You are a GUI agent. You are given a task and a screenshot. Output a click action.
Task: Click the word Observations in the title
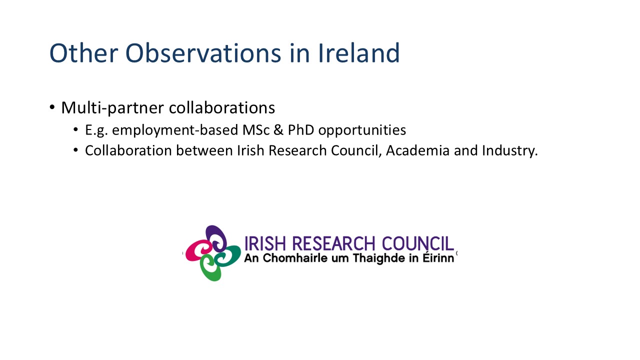pyautogui.click(x=203, y=53)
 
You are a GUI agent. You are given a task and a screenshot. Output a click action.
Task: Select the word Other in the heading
pyautogui.click(x=83, y=53)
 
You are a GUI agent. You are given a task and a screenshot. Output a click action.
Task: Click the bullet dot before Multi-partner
pyautogui.click(x=52, y=107)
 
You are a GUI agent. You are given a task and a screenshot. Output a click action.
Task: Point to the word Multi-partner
pyautogui.click(x=112, y=108)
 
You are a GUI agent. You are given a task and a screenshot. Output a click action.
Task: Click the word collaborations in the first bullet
pyautogui.click(x=221, y=107)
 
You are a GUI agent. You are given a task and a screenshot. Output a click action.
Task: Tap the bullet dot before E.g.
pyautogui.click(x=75, y=129)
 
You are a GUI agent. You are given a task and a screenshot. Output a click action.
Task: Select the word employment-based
pyautogui.click(x=175, y=130)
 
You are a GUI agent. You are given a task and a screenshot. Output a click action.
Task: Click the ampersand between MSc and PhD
pyautogui.click(x=278, y=130)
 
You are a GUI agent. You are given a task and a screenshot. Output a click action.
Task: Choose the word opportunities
pyautogui.click(x=362, y=130)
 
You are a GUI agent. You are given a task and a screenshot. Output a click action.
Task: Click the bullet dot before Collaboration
pyautogui.click(x=75, y=150)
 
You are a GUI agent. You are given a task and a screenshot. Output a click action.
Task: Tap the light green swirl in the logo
pyautogui.click(x=211, y=268)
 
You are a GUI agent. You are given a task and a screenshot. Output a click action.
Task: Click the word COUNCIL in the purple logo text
pyautogui.click(x=417, y=243)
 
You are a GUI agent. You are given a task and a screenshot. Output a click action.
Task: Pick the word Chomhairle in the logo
pyautogui.click(x=295, y=258)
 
